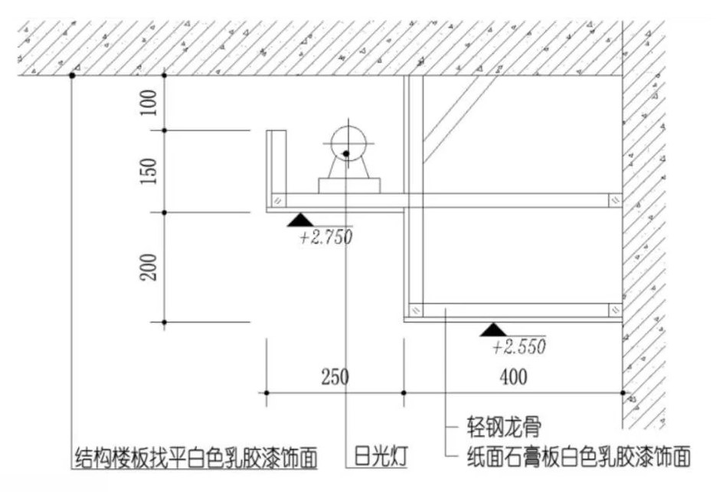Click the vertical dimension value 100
click(x=151, y=103)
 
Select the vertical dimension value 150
click(x=151, y=171)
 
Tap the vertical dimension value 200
click(x=151, y=266)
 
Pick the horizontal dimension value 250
click(x=335, y=377)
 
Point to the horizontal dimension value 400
click(x=511, y=377)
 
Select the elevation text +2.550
click(x=519, y=346)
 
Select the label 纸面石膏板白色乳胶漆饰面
click(x=579, y=458)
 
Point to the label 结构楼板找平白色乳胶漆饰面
click(x=195, y=458)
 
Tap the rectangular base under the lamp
click(x=348, y=185)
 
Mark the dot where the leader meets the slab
click(x=71, y=76)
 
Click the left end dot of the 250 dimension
click(x=266, y=393)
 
